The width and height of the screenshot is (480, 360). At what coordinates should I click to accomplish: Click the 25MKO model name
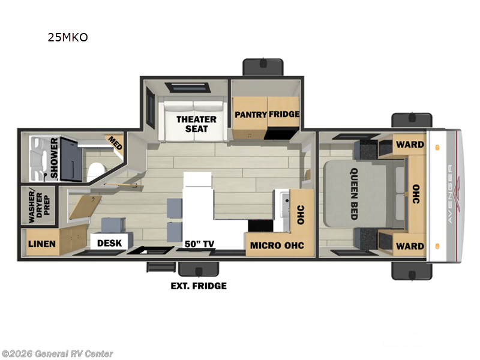click(x=68, y=37)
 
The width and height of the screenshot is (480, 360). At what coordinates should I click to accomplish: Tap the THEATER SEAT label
click(x=196, y=124)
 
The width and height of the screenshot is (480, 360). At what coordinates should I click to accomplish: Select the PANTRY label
click(x=250, y=114)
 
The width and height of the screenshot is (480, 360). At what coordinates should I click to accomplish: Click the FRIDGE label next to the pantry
click(x=284, y=114)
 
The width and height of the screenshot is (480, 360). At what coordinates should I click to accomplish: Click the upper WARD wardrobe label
click(x=410, y=144)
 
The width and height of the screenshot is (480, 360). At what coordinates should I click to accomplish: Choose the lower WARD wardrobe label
click(x=410, y=246)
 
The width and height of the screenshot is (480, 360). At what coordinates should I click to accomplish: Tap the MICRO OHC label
click(x=277, y=245)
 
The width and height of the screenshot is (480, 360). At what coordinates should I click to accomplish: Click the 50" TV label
click(x=199, y=244)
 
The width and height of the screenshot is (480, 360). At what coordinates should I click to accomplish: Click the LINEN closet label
click(x=42, y=244)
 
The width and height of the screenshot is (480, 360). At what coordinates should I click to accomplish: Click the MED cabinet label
click(x=113, y=143)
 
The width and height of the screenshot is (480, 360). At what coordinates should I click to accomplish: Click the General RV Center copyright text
click(x=57, y=354)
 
